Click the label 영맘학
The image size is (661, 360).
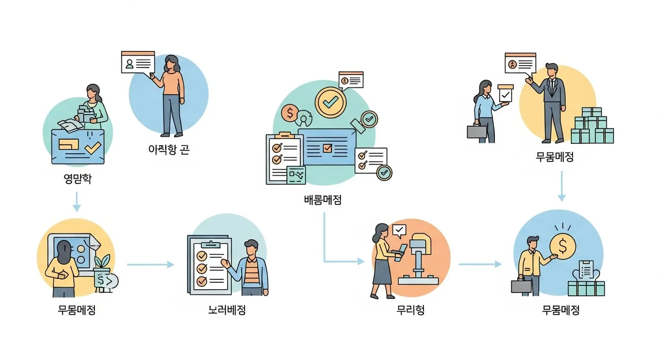coord(77,180)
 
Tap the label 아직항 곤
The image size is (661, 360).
coord(169,150)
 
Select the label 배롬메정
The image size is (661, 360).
coord(322,200)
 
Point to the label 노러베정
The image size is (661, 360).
coord(227,310)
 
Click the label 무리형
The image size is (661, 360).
coord(410,310)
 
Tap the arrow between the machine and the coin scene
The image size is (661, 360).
coord(479,264)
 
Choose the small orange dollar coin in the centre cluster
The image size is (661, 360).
coord(289,113)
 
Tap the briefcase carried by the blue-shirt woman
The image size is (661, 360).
coord(477,131)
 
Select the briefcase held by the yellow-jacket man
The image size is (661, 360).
coord(521,286)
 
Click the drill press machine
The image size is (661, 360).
coord(418,260)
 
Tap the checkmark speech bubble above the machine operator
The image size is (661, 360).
coord(399,230)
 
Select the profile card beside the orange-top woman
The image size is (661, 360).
coord(138,62)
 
